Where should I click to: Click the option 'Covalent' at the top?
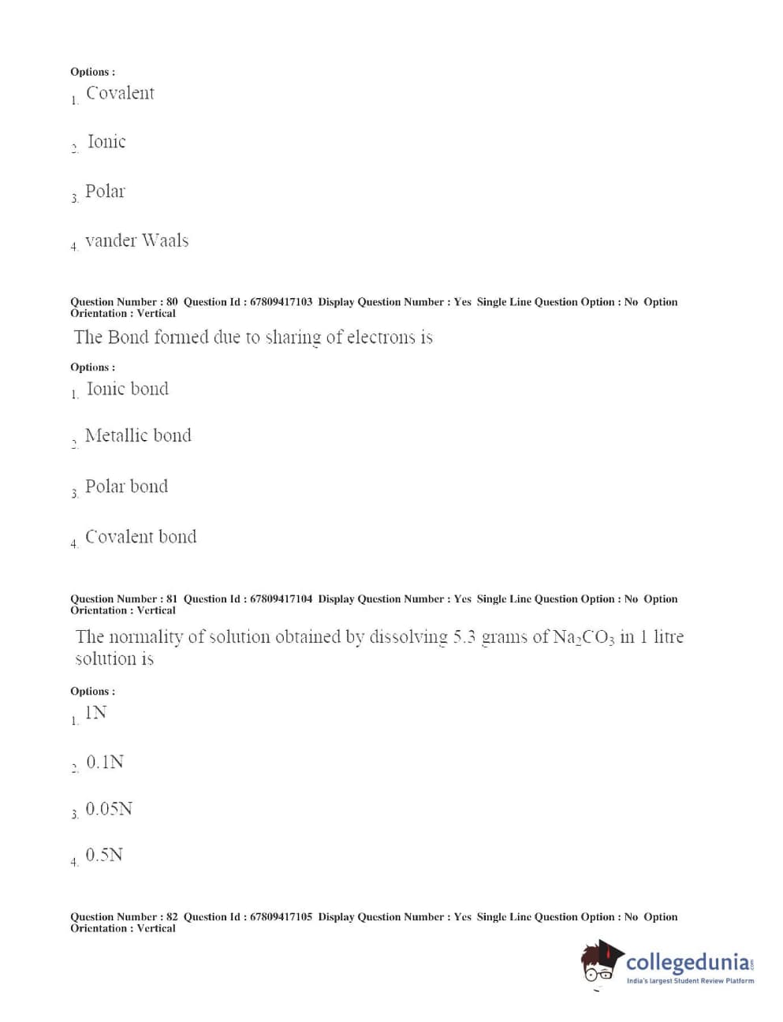(x=120, y=93)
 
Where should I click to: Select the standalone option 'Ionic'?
(x=106, y=142)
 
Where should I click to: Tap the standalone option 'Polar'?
(x=105, y=192)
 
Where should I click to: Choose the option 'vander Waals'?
(x=136, y=241)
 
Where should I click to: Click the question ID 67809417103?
(x=281, y=302)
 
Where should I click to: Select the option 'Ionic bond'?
(x=127, y=389)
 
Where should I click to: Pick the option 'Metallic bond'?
(x=138, y=435)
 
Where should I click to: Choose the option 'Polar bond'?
(x=126, y=487)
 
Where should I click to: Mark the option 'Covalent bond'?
(x=140, y=537)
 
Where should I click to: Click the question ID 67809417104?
(x=281, y=599)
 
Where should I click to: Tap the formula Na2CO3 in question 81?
(x=583, y=637)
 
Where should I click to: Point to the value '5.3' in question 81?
(x=464, y=637)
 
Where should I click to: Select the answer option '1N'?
(x=95, y=713)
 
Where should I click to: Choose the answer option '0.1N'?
(x=105, y=763)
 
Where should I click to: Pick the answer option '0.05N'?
(x=109, y=809)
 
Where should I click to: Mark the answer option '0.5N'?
(x=104, y=856)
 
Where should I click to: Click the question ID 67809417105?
(x=281, y=917)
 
